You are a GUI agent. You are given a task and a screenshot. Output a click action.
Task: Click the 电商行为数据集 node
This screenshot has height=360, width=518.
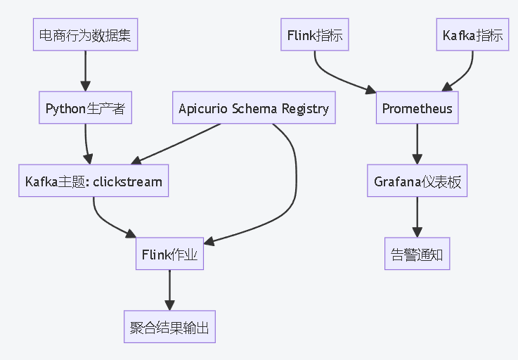85,35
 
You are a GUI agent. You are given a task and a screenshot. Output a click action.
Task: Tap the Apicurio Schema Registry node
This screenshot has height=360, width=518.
253,108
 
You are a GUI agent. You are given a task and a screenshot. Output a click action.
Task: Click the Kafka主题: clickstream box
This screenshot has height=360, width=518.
93,181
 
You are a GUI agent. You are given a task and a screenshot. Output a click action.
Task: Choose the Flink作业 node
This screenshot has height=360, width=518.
169,255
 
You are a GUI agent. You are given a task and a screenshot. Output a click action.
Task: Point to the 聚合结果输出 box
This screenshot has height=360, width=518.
169,327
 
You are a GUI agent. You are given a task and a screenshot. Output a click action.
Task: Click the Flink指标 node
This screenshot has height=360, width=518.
315,35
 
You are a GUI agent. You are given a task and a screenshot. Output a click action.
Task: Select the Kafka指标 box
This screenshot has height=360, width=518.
473,35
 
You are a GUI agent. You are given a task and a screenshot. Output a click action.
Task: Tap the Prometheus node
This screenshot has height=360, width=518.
417,108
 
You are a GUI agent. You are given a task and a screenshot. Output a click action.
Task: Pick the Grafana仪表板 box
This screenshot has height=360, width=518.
417,181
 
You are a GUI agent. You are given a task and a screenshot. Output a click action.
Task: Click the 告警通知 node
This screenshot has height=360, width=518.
417,255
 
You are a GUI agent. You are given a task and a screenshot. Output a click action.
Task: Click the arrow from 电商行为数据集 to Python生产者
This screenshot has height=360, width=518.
85,71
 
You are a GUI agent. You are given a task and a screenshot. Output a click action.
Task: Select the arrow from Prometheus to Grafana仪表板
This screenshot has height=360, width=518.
417,144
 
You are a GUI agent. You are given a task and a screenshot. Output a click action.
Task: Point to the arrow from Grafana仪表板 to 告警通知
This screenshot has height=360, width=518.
417,217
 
